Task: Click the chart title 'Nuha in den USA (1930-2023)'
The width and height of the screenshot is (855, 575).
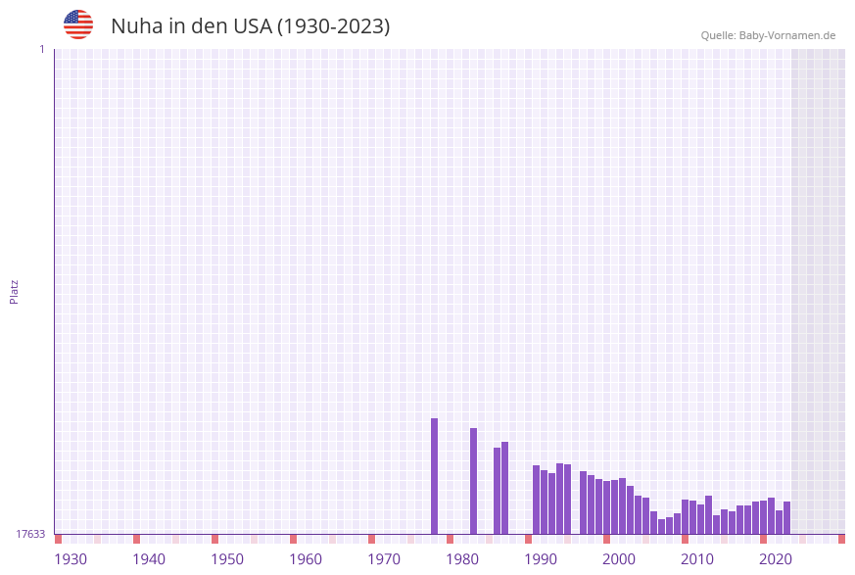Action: [250, 26]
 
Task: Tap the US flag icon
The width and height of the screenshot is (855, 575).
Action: [78, 24]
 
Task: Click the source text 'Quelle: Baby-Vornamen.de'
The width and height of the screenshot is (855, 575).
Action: [768, 35]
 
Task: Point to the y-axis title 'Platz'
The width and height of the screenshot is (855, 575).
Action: [15, 291]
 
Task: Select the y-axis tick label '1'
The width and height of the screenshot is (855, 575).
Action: [41, 49]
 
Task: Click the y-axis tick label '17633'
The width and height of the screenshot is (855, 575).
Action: [30, 534]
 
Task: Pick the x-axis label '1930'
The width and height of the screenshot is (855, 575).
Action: [71, 559]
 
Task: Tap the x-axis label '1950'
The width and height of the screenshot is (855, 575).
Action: [227, 559]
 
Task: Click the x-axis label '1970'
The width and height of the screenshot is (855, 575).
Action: [384, 559]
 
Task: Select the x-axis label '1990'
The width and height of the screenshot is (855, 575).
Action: [541, 559]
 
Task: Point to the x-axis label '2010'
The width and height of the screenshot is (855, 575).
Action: [697, 559]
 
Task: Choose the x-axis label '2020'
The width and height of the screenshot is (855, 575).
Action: [776, 559]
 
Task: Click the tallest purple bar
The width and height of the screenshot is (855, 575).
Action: [434, 476]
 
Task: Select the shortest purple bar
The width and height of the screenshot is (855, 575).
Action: [661, 527]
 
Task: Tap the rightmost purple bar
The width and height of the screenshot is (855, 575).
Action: [786, 517]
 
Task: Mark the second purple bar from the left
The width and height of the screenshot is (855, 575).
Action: [473, 481]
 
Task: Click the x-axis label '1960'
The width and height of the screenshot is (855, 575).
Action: [306, 559]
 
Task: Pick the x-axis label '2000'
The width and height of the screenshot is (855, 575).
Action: [619, 559]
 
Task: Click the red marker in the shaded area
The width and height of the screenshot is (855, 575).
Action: [841, 539]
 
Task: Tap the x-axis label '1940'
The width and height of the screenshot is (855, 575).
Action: [149, 559]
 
